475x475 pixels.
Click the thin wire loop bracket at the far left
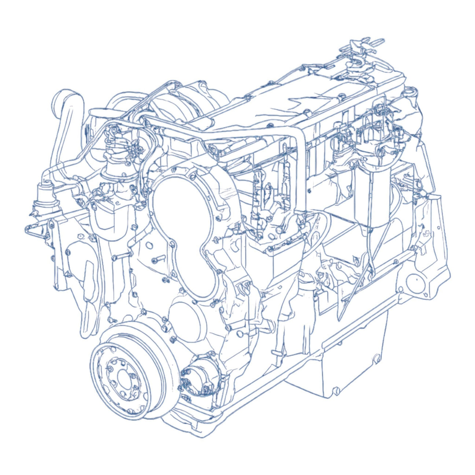coord(35,231)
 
